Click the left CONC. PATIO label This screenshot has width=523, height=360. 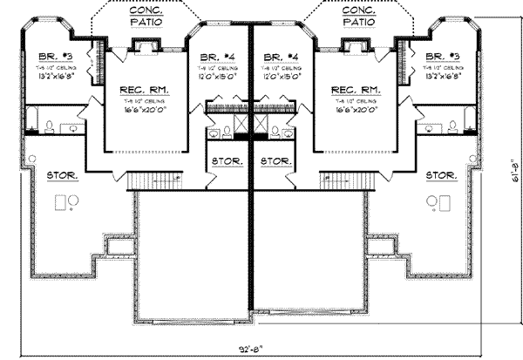click(x=146, y=17)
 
